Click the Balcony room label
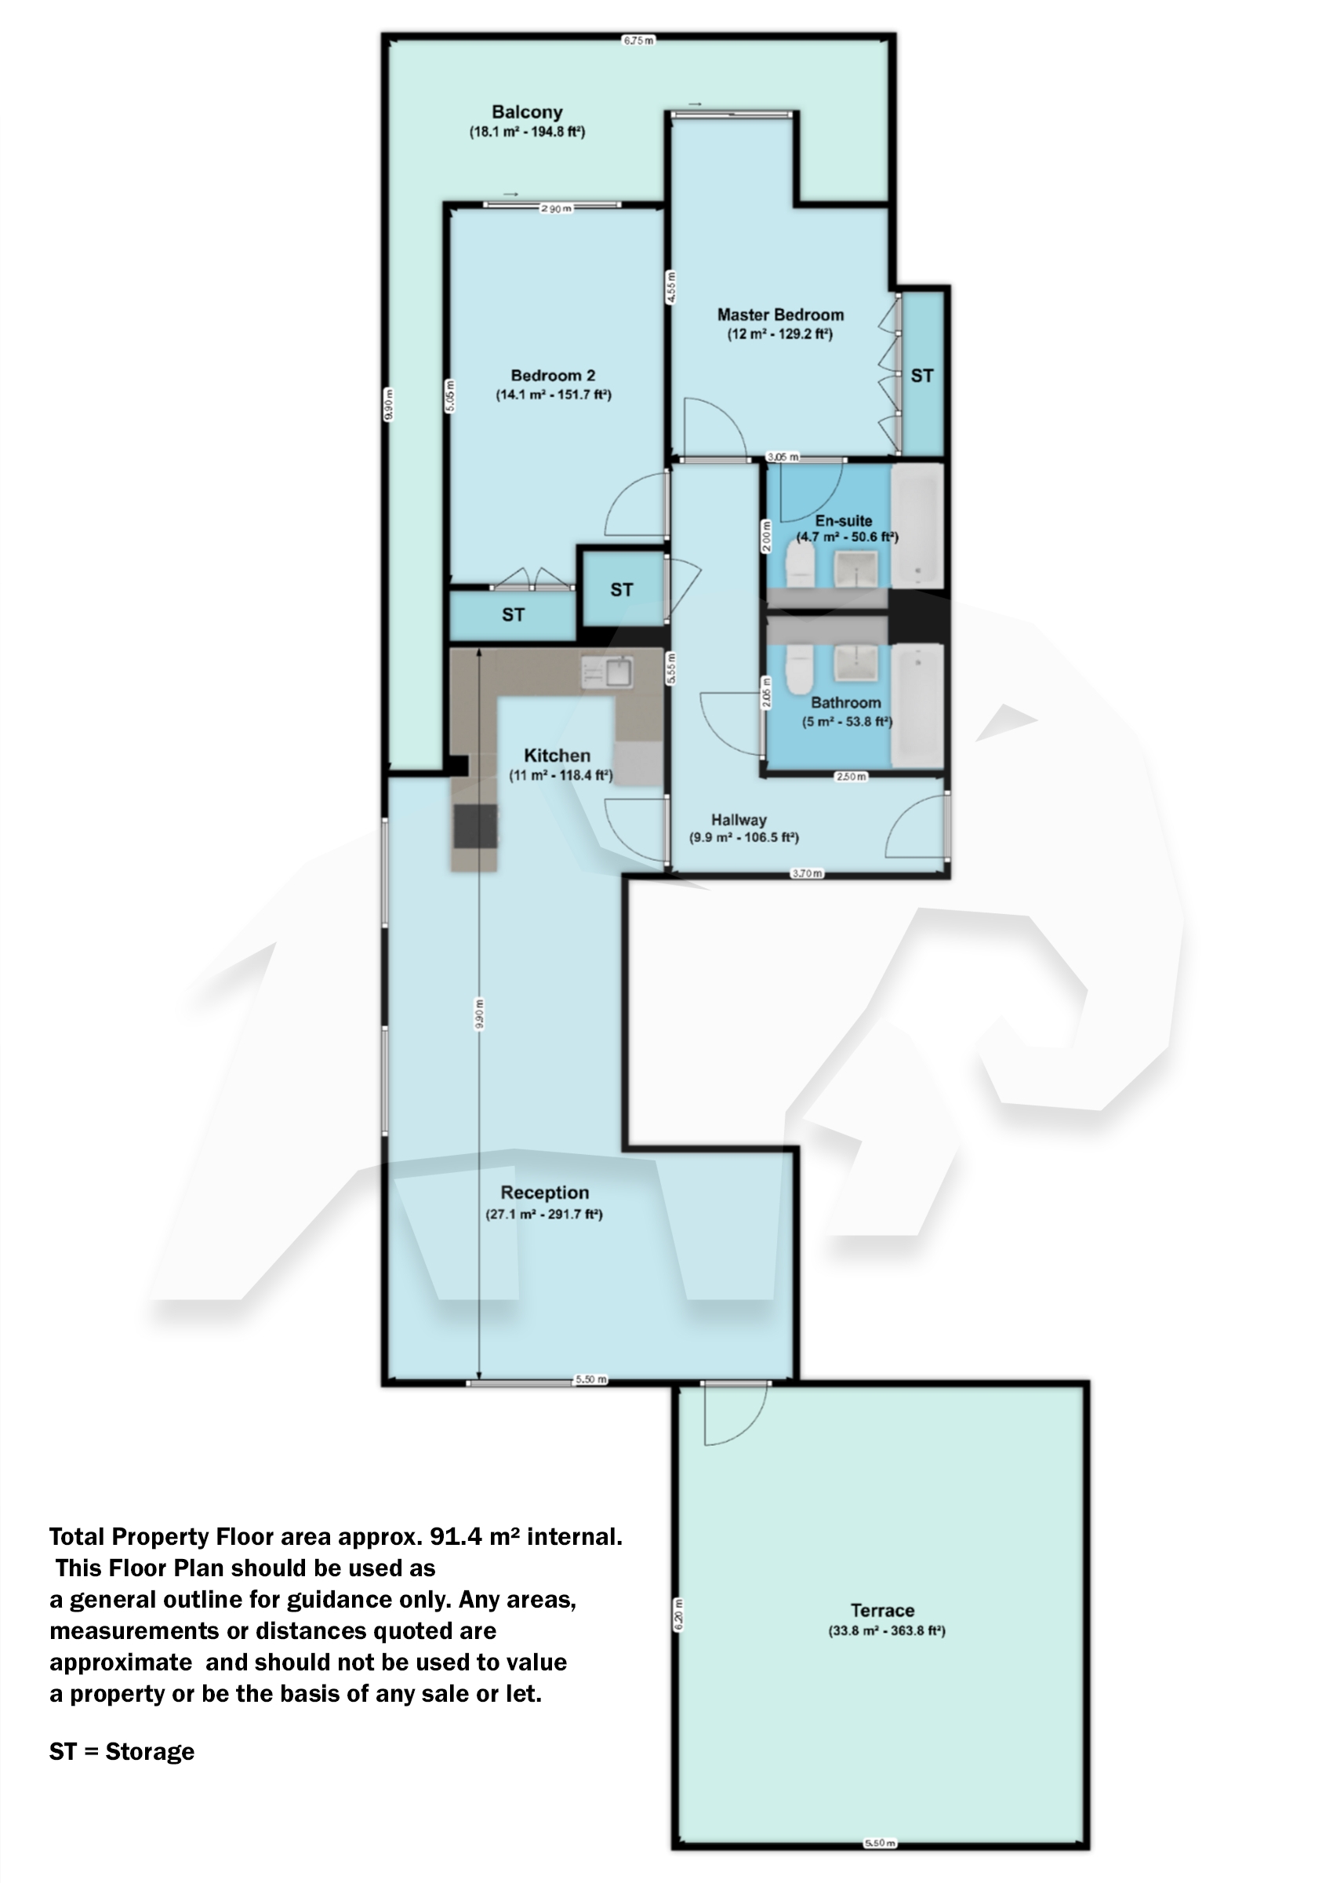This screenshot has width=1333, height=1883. coord(527,112)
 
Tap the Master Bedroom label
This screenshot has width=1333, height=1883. coord(779,315)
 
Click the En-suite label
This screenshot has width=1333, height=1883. coord(843,521)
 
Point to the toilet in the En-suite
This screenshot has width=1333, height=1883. coord(800,566)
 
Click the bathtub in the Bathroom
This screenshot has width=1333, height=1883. coord(917,707)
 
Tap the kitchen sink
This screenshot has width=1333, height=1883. coord(618,672)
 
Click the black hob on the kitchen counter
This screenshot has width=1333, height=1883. coord(474,827)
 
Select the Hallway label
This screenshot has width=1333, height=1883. coord(739,820)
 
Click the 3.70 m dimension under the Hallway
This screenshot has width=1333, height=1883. coord(806,873)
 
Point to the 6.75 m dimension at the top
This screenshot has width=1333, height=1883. coord(637,39)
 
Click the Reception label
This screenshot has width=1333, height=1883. coord(544,1193)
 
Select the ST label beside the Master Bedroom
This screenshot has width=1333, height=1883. coord(922,375)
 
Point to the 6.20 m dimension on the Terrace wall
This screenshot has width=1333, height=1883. coord(678,1616)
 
